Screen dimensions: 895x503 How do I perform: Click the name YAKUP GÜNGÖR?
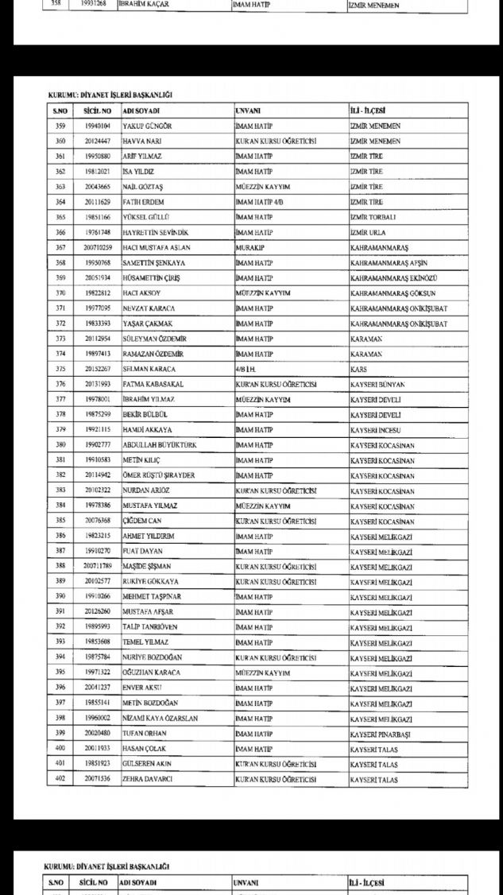coord(147,126)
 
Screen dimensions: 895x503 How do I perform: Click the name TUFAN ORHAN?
coord(145,734)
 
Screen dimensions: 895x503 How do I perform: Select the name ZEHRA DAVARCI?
coord(149,780)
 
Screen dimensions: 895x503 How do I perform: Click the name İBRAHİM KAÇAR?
coord(144,5)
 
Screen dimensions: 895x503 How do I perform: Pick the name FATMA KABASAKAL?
coord(152,384)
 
